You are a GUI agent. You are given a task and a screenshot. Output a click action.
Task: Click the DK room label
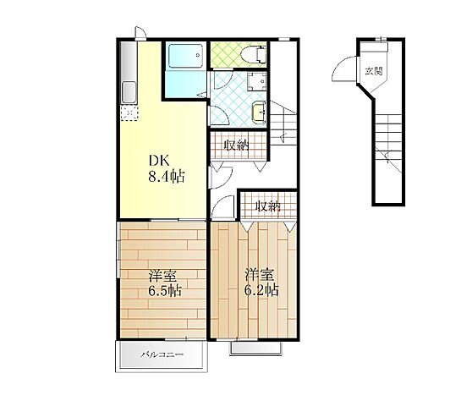[159, 161]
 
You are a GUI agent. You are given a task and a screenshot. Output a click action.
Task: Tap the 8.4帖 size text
[166, 176]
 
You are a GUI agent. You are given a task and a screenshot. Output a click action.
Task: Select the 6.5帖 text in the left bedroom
[165, 291]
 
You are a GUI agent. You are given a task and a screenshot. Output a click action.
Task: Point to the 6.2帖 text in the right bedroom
[261, 290]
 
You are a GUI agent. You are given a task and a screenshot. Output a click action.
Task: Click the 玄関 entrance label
[374, 71]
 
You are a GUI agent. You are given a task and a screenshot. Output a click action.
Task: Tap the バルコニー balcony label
[162, 355]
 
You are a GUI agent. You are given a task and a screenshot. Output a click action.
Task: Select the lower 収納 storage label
[267, 206]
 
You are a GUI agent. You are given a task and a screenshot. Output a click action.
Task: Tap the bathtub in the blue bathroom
[185, 56]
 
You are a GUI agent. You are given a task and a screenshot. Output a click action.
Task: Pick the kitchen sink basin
[129, 93]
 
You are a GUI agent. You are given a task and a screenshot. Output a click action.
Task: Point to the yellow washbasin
[259, 112]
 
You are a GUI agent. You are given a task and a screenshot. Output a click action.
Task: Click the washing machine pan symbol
[257, 81]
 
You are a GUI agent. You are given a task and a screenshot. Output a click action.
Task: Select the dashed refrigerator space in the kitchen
[129, 112]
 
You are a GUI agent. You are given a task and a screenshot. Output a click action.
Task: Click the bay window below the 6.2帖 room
[256, 348]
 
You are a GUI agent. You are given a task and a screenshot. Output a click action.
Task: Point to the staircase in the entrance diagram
[388, 144]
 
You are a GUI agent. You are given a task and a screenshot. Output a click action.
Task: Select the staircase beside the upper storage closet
[283, 123]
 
